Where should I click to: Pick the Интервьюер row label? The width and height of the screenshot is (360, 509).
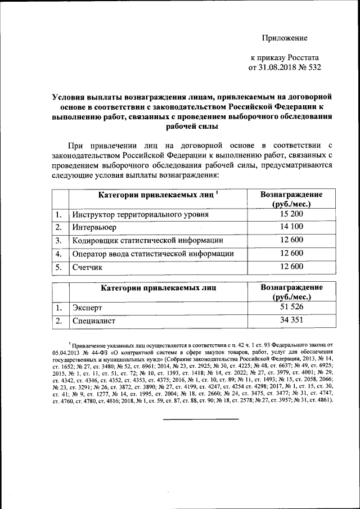(94, 228)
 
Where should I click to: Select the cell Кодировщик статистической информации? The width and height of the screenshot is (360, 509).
(147, 241)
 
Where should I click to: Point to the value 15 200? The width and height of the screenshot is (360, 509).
(291, 215)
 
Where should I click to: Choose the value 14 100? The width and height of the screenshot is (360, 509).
(291, 227)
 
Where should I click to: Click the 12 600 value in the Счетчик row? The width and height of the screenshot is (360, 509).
(291, 267)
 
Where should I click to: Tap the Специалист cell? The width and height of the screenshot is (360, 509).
(93, 321)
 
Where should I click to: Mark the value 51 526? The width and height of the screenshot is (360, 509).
(291, 308)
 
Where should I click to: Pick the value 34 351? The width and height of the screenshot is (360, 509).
(291, 321)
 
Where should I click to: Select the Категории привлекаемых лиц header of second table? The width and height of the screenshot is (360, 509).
(158, 288)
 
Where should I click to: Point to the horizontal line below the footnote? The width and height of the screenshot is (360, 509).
(201, 418)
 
